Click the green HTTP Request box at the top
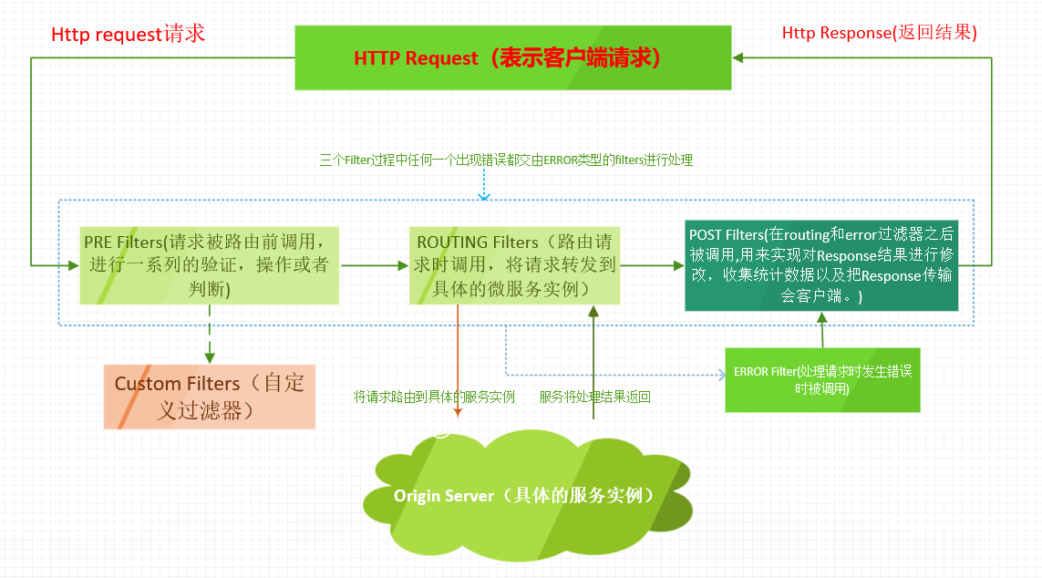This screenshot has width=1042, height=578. (512, 57)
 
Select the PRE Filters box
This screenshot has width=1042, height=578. (209, 265)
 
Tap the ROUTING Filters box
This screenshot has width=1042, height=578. (515, 265)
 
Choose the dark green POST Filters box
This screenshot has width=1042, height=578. (821, 265)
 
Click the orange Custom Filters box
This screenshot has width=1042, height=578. (209, 397)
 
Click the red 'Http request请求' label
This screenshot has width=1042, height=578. (129, 35)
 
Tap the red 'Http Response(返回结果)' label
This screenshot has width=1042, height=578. (879, 33)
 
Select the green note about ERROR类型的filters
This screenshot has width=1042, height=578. (506, 160)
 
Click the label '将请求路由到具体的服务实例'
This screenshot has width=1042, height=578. (434, 397)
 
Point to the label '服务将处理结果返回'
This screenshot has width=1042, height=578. (594, 397)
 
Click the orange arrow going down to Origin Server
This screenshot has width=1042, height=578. (457, 365)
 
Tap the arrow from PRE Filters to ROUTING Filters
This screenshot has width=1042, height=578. (374, 265)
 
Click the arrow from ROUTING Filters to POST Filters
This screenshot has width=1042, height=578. (652, 265)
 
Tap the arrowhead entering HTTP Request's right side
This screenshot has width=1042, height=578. (739, 57)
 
